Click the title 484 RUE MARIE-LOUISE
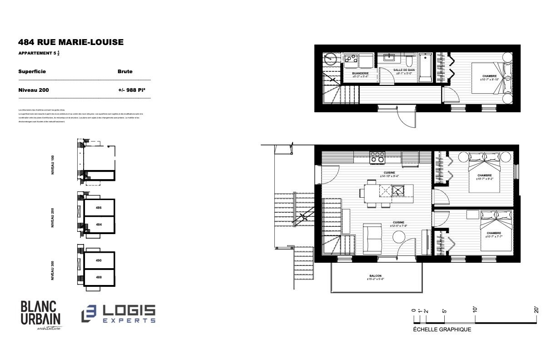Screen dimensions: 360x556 pos(70,42)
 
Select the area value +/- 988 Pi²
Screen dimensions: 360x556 pos(131,90)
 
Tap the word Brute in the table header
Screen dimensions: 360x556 pos(125,71)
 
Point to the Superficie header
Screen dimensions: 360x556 pos(32,71)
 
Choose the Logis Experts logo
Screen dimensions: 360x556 pos(119,314)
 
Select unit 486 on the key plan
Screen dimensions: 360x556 pos(99,208)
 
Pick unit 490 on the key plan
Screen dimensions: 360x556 pos(99,260)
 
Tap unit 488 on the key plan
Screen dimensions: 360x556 pos(99,277)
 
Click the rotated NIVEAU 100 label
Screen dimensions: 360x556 pos(53,165)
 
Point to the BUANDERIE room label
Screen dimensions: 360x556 pos(360,73)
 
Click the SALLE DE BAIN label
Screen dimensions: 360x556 pos(404,70)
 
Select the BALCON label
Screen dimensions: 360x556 pos(375,276)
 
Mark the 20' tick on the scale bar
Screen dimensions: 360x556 pos(536,310)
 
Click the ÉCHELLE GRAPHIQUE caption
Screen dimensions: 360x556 pos(442,330)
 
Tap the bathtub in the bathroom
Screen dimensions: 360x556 pos(426,68)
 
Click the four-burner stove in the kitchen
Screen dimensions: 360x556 pos(377,157)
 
